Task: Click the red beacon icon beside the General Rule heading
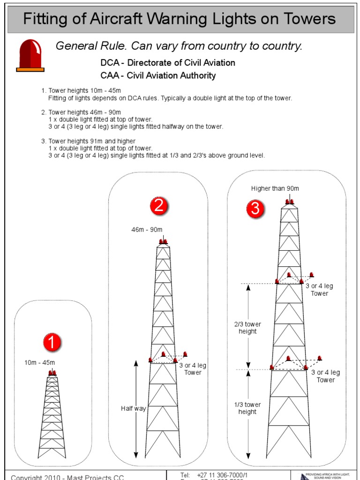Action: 30,55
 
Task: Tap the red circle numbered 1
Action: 52,343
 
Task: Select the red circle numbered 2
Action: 159,206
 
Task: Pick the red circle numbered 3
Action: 255,209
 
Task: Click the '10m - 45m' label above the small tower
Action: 40,362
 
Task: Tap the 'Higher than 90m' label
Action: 275,188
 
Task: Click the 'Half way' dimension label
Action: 134,408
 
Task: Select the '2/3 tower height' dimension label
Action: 247,328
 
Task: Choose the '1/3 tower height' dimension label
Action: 247,408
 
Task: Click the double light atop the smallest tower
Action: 52,373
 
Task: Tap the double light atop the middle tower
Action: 164,242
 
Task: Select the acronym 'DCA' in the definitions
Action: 110,63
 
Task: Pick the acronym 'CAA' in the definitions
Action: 110,75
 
